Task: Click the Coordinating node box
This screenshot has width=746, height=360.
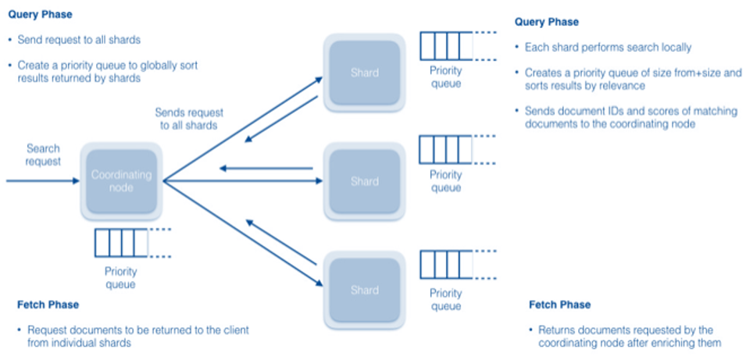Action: tap(120, 182)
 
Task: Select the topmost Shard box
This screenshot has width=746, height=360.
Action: tap(364, 73)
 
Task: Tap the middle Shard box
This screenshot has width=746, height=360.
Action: tap(364, 181)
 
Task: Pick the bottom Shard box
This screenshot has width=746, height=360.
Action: tap(364, 290)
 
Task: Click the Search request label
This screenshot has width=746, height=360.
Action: tap(43, 155)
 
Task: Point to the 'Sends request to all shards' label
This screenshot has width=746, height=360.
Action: tap(185, 119)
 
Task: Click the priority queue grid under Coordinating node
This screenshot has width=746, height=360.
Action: tap(121, 243)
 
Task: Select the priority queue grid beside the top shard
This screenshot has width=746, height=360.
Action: tap(446, 46)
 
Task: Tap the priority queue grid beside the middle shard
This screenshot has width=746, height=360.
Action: tap(446, 151)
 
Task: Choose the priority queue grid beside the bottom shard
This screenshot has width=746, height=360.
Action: tap(446, 265)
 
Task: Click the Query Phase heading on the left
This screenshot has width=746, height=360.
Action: tap(41, 14)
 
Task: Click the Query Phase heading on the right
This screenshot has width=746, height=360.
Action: tap(547, 22)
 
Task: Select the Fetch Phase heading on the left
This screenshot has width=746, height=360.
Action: tap(48, 305)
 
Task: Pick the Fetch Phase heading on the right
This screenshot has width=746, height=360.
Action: tap(559, 305)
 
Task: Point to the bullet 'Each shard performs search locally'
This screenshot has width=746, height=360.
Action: tap(608, 47)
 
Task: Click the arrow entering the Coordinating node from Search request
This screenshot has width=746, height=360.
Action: tap(47, 181)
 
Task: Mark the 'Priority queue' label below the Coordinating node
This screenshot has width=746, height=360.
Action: tap(121, 277)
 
